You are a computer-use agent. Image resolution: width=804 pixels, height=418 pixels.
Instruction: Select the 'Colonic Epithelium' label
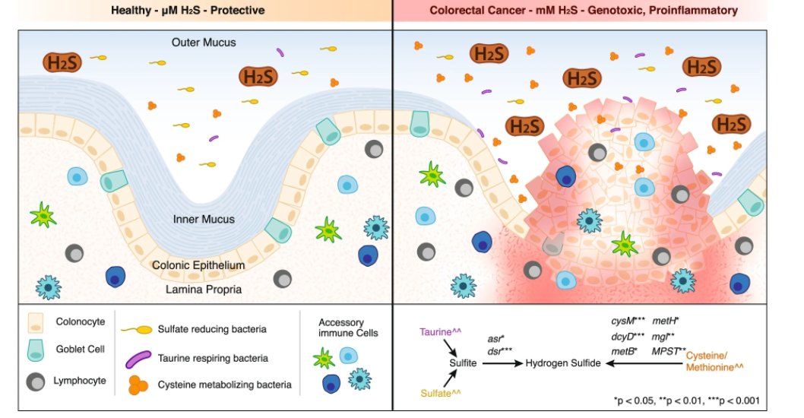pos(198,265)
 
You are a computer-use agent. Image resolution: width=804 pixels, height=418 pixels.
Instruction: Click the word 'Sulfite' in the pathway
pos(463,364)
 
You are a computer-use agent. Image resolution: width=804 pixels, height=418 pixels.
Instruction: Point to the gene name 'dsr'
pos(495,349)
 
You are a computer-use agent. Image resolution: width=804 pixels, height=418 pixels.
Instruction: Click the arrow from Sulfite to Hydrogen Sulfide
pos(501,364)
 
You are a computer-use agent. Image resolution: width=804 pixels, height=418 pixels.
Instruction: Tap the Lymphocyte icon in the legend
pos(35,382)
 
